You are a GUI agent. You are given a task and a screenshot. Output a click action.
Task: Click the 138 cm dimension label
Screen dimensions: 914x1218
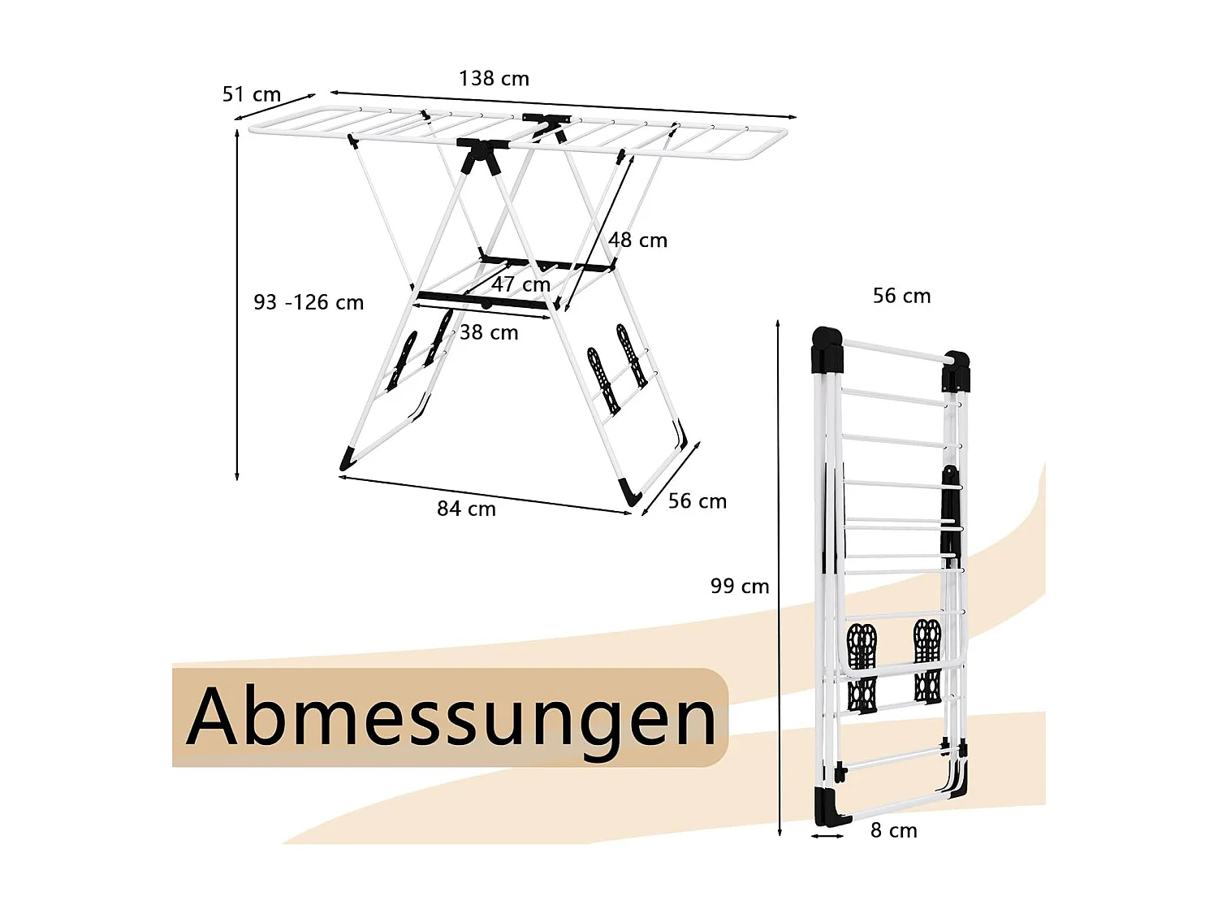point(494,79)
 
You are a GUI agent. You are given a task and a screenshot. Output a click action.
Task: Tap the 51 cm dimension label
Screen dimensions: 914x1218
point(252,95)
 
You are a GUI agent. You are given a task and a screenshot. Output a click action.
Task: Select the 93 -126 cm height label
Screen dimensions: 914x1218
point(309,302)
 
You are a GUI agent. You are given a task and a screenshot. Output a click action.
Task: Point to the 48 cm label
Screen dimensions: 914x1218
point(637,240)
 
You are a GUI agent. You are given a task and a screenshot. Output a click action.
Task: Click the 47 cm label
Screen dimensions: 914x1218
point(520,284)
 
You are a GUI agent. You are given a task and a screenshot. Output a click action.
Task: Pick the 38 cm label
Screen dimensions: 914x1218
point(489,332)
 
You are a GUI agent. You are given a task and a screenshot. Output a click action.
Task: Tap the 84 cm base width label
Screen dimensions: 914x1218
point(466,509)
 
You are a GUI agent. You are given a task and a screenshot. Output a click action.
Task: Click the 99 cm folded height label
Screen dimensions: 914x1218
point(740,586)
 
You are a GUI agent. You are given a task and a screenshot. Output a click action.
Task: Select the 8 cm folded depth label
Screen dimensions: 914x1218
point(893,830)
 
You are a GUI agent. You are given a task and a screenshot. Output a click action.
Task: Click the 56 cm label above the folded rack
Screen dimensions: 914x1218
point(901,296)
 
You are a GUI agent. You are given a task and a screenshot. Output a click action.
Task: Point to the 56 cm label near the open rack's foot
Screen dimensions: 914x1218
point(698,501)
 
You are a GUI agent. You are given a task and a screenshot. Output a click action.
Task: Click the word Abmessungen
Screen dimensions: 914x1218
point(451,717)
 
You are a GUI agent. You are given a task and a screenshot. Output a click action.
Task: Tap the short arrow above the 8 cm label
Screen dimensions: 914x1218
point(828,835)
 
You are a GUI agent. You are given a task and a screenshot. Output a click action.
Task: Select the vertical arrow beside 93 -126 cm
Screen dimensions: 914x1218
point(237,305)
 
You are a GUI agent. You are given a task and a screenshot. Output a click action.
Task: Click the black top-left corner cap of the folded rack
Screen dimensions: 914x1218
point(827,349)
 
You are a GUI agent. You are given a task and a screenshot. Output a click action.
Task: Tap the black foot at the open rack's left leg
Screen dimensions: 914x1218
point(348,459)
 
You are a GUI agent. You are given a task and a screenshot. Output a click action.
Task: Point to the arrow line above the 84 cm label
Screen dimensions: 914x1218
point(485,495)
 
